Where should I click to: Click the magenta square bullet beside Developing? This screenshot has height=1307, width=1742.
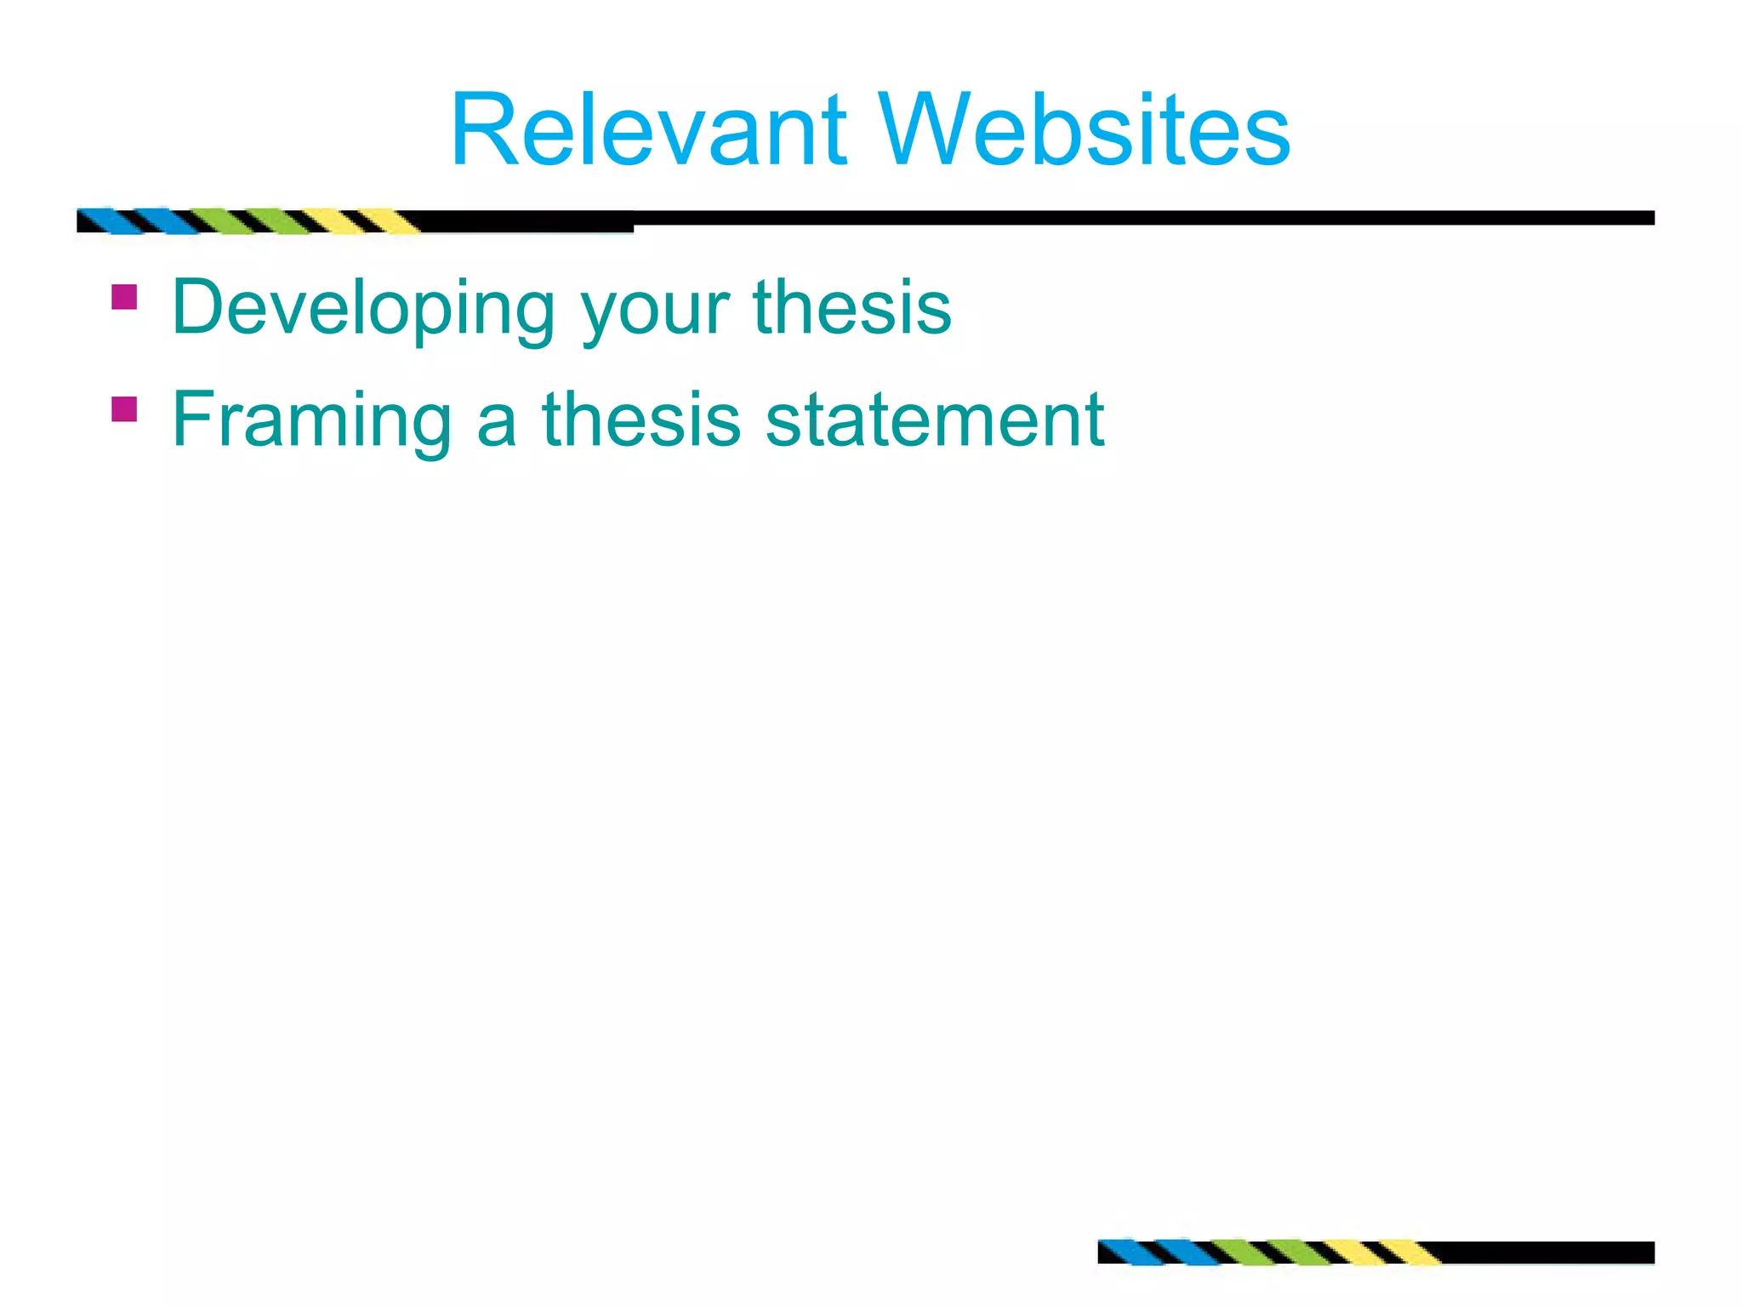(x=124, y=297)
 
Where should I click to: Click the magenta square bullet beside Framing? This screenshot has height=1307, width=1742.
(x=124, y=409)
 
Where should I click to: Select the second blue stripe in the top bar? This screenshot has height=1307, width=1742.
(x=166, y=221)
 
